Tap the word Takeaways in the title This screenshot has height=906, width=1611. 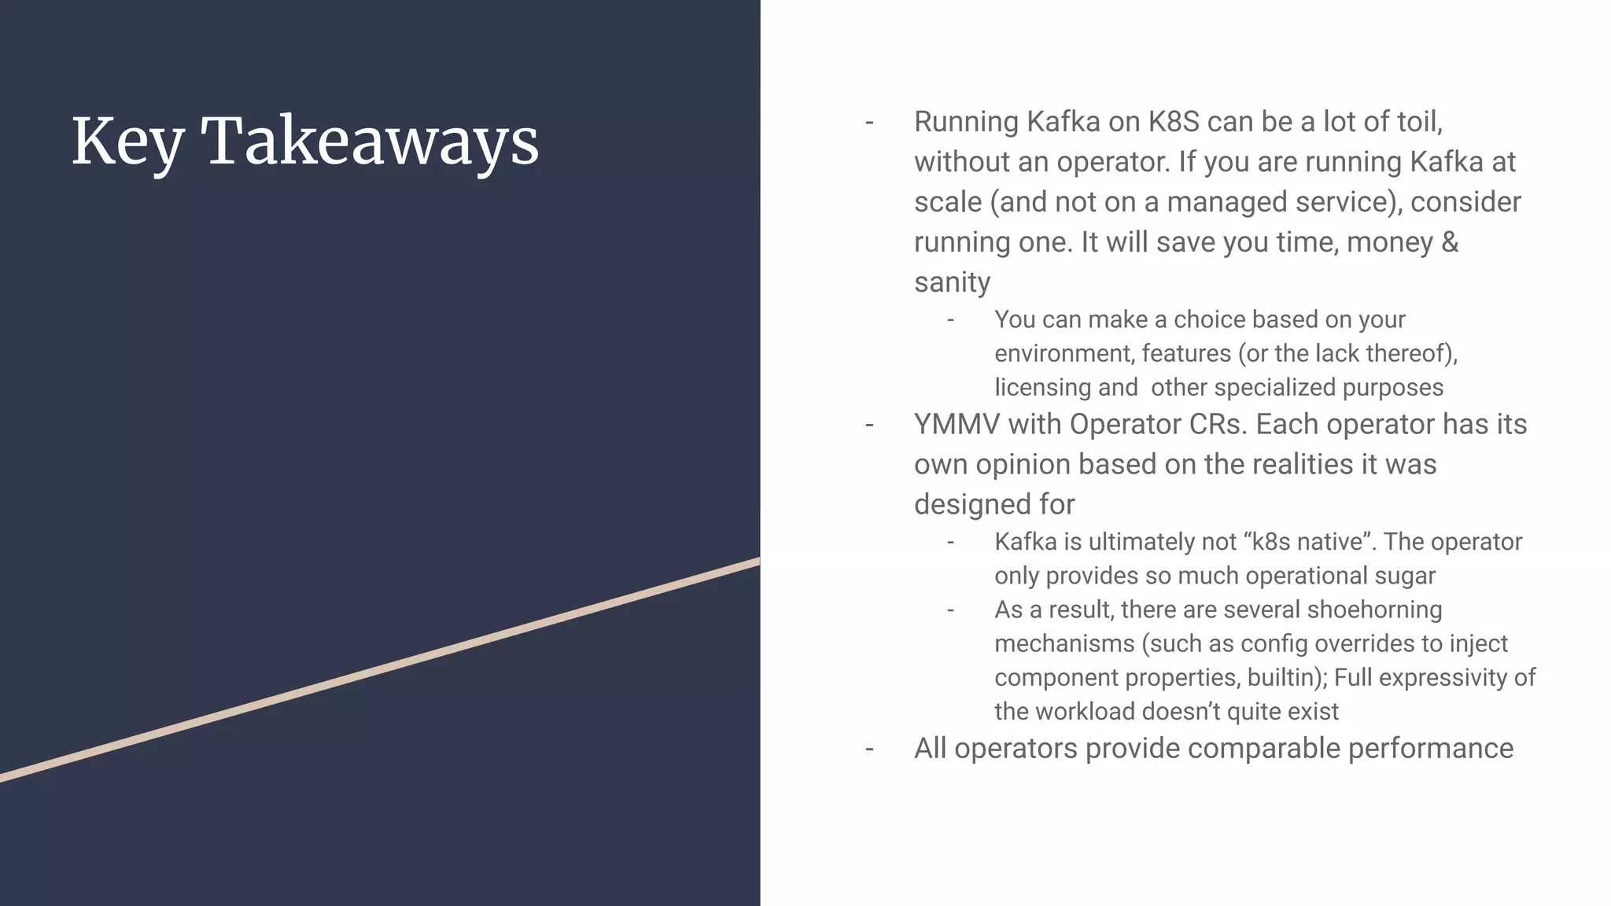pyautogui.click(x=370, y=142)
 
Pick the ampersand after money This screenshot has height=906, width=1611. pyautogui.click(x=1450, y=242)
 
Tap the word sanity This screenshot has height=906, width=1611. pyautogui.click(x=952, y=282)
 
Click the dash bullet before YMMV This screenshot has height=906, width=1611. pyautogui.click(x=869, y=425)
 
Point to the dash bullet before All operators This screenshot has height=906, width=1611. pyautogui.click(x=869, y=749)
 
